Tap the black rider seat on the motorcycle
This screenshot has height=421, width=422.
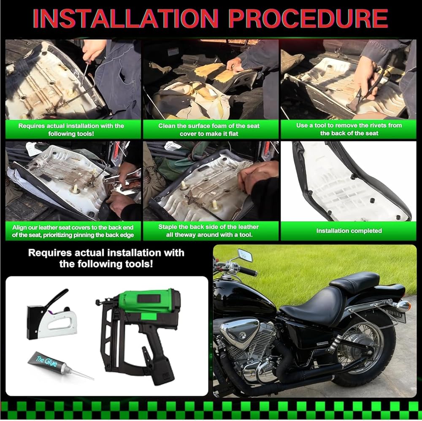(x=312, y=306)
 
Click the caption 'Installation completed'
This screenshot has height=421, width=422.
(x=349, y=231)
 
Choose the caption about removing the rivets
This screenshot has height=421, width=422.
(x=349, y=129)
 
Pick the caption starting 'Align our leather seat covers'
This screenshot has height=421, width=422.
(x=73, y=231)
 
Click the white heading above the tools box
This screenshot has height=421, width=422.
(x=106, y=258)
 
